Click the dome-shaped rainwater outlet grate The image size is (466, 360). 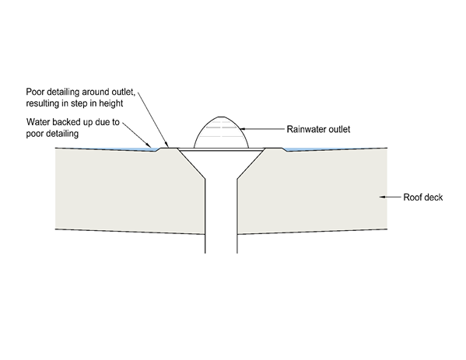221,132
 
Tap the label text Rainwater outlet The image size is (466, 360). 318,129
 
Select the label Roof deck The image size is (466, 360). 423,197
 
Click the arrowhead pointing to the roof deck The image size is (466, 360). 382,197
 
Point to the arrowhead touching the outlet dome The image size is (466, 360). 242,129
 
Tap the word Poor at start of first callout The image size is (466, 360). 35,92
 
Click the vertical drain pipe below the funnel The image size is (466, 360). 221,216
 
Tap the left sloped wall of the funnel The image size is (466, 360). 191,163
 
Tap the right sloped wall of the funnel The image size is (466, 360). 251,163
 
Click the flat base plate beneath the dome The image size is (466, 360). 221,149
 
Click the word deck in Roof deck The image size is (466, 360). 433,197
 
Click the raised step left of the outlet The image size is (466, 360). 168,148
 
